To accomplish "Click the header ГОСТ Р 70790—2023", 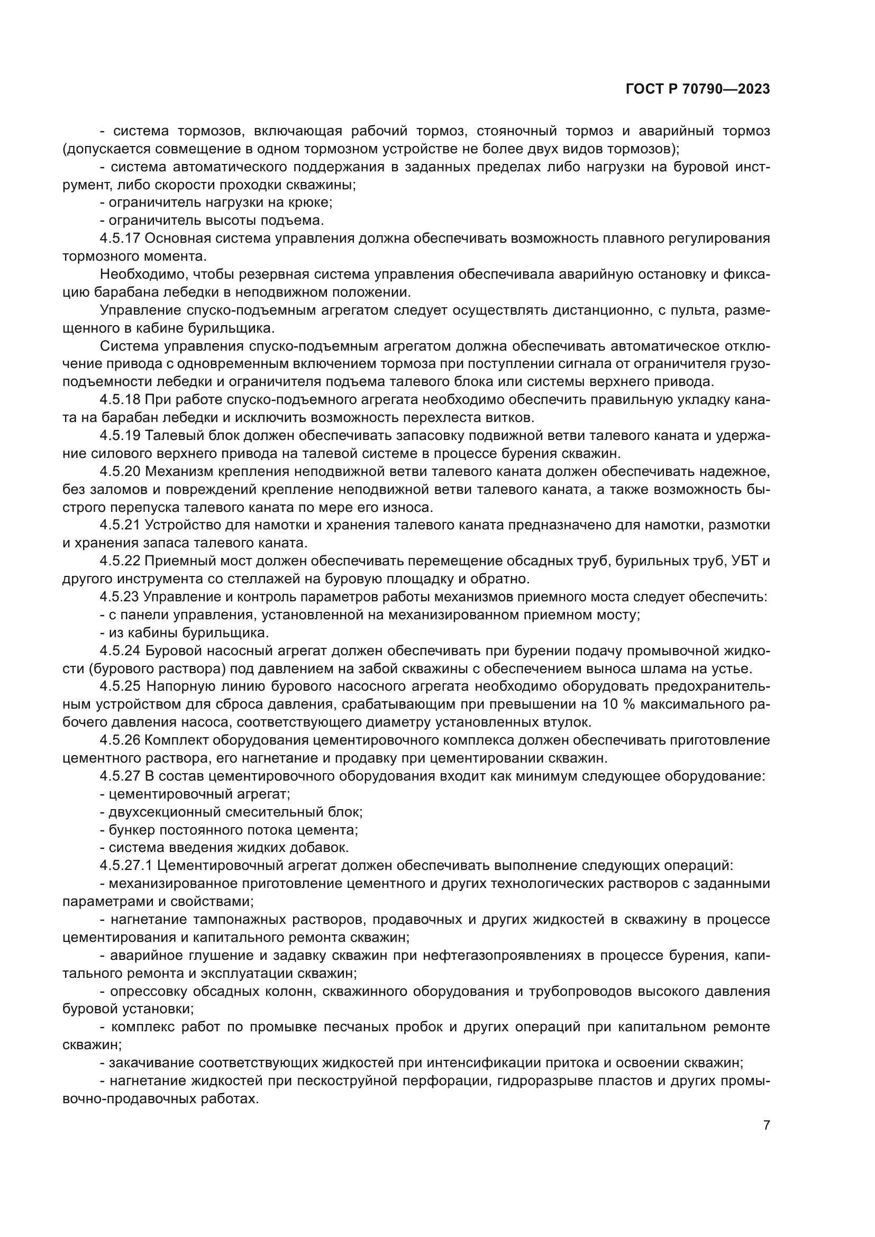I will [x=698, y=89].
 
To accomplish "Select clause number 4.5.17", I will [x=120, y=238].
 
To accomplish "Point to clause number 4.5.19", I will [x=120, y=435].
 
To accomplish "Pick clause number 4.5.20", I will [x=120, y=471].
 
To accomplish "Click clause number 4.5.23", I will [x=120, y=597].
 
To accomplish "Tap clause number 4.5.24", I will [x=120, y=651].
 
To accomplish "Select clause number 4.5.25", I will [x=120, y=686].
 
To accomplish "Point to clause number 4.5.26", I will [x=120, y=740].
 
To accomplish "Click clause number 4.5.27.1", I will [x=126, y=866].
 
